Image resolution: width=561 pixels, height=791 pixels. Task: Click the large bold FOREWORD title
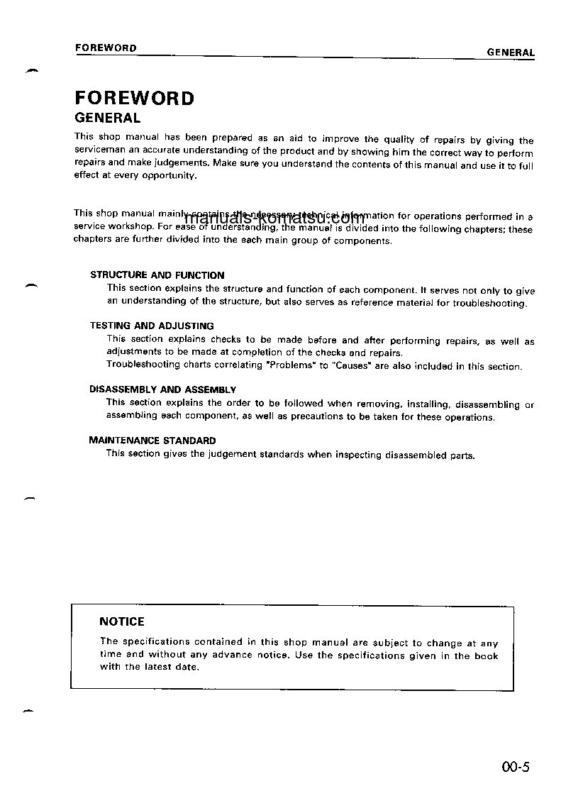134,98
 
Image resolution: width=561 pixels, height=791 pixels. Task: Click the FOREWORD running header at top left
106,48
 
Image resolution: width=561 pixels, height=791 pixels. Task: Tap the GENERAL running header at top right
511,52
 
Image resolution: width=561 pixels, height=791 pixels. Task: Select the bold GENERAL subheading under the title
108,118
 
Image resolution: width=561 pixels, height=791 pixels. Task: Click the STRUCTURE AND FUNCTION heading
157,275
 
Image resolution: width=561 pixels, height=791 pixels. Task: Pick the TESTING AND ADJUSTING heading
151,326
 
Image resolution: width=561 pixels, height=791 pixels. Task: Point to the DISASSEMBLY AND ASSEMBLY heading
162,390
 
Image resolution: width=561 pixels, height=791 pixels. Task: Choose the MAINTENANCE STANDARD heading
152,441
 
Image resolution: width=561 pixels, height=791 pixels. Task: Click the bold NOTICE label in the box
122,621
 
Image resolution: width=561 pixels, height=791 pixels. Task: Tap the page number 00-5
515,767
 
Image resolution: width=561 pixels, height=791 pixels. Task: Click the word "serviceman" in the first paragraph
99,152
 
